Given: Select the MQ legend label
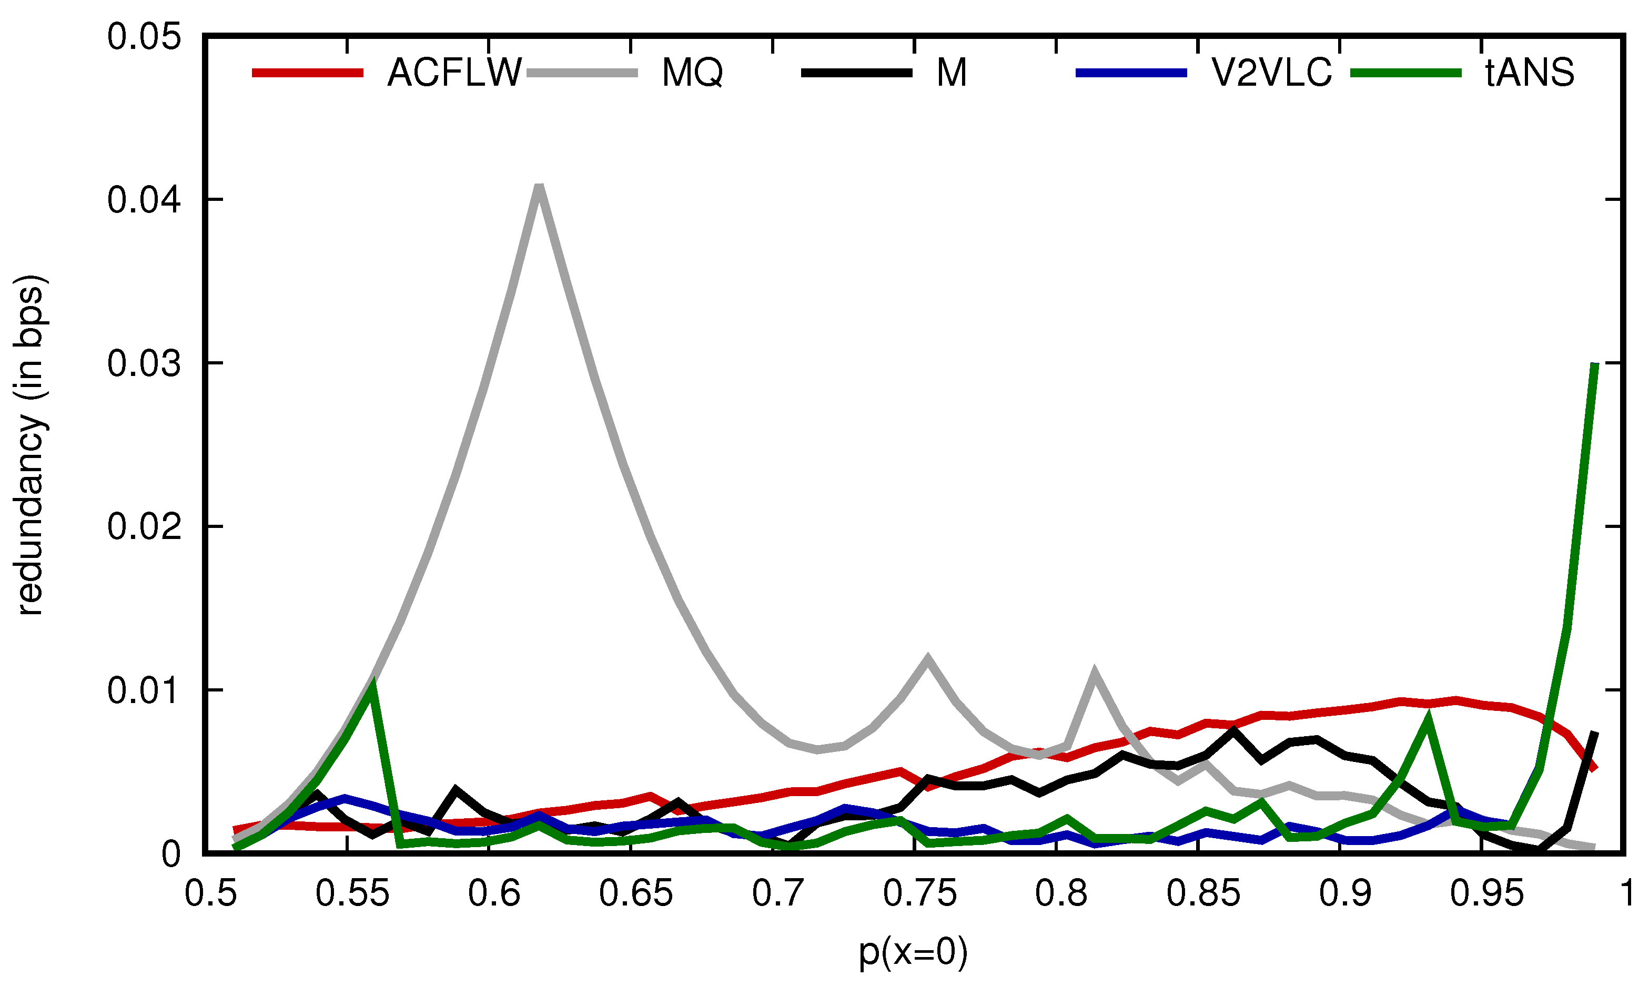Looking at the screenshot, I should click(692, 73).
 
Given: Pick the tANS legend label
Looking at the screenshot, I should click(1529, 73).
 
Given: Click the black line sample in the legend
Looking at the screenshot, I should click(856, 73).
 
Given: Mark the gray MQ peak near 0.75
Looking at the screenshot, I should click(927, 658).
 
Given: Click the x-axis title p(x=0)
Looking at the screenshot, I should click(913, 952).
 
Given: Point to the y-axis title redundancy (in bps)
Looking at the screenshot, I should click(30, 445).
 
